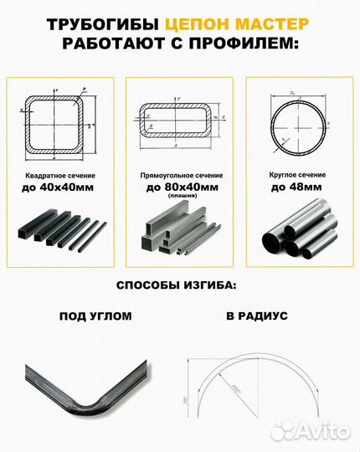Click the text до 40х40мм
pyautogui.click(x=59, y=188)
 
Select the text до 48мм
pyautogui.click(x=296, y=188)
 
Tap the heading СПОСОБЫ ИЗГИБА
pyautogui.click(x=176, y=285)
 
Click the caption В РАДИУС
pyautogui.click(x=256, y=317)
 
